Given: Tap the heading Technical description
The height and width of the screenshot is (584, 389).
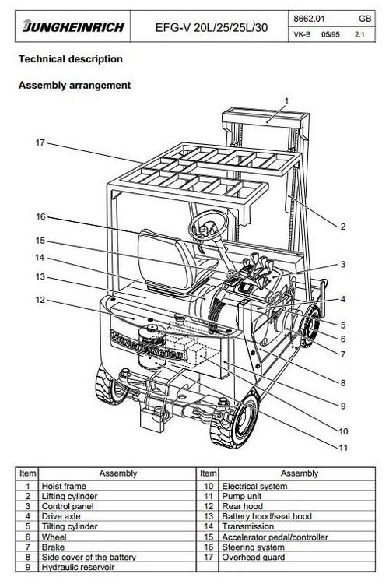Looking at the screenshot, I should tap(70, 59).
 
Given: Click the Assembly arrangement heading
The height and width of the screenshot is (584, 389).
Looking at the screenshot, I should tap(74, 85).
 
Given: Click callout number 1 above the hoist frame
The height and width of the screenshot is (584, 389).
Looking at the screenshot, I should tap(286, 100).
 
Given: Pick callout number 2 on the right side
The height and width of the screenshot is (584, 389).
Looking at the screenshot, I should tap(342, 227).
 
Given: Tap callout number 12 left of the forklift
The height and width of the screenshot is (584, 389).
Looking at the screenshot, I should tap(40, 300).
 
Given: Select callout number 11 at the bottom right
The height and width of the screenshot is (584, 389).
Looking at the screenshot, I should tap(342, 447).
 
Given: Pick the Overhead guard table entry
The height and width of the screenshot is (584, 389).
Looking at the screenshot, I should tap(251, 558).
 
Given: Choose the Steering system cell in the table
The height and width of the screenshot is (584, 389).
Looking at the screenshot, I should tap(253, 547).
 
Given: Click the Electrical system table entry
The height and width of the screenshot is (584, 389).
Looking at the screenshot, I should tap(255, 485).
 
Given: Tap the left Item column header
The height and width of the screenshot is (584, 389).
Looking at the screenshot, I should tap(28, 473).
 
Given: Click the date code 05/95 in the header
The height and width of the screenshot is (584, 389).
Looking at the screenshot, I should tap(328, 35).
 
